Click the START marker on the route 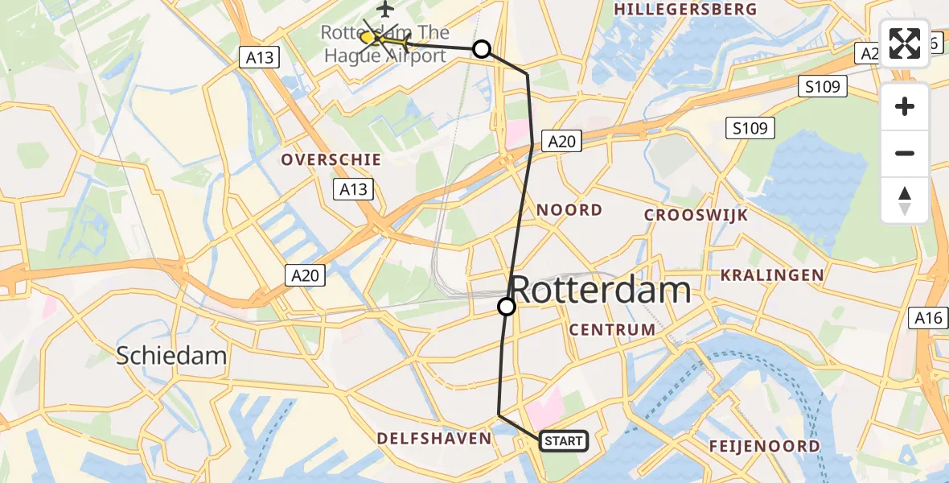click(563, 441)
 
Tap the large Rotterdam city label click(601, 290)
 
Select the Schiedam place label click(171, 355)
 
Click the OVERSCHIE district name click(331, 160)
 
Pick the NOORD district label click(569, 210)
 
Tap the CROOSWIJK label click(696, 215)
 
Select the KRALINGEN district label click(772, 275)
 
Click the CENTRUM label click(612, 330)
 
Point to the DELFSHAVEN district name click(434, 439)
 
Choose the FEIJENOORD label click(765, 446)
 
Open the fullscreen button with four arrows click(905, 43)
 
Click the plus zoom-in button click(905, 106)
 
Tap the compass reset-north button click(905, 200)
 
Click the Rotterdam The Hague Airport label click(384, 44)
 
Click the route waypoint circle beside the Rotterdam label click(507, 307)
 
